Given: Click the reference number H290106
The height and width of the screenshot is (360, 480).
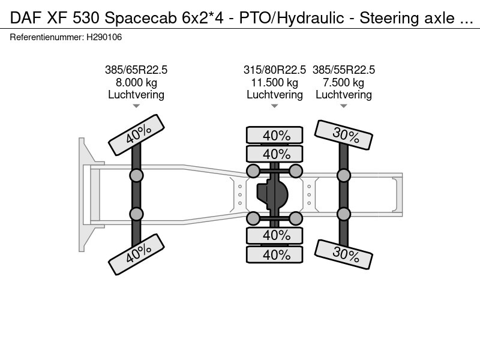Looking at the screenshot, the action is point(104,37).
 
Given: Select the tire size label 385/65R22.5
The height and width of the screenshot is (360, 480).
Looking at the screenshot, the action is point(136,70).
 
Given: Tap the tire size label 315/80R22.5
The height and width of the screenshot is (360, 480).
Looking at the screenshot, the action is point(275,70).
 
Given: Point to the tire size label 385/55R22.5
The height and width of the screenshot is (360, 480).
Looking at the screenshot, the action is point(343,70).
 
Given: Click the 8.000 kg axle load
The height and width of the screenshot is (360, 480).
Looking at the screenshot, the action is point(136,83).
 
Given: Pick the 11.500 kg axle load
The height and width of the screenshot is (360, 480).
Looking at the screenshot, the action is point(275,83).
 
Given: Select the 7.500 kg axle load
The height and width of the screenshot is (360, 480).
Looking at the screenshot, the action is point(343,83).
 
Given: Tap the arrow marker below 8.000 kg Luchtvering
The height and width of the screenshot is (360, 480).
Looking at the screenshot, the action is point(136,106).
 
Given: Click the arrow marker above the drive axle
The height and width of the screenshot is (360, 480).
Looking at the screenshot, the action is point(275,106).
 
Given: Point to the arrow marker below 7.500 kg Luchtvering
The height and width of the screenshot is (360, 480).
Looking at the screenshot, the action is point(343,106).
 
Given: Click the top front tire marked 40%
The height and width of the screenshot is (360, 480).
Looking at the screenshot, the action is point(137,134).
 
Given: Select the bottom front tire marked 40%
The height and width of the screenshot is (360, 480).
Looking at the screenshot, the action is point(137,254).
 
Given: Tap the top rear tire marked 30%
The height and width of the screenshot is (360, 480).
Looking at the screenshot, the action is point(343,134).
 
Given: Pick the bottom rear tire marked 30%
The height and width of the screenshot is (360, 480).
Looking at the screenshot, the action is point(343,254).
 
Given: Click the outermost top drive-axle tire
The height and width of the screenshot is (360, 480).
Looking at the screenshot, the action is point(275,135).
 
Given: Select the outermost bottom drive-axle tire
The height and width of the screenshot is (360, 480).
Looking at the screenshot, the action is point(275,254).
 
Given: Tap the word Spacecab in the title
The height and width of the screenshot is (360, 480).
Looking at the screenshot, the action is point(140,19).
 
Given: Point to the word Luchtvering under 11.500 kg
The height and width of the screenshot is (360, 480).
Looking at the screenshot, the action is point(275,95).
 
